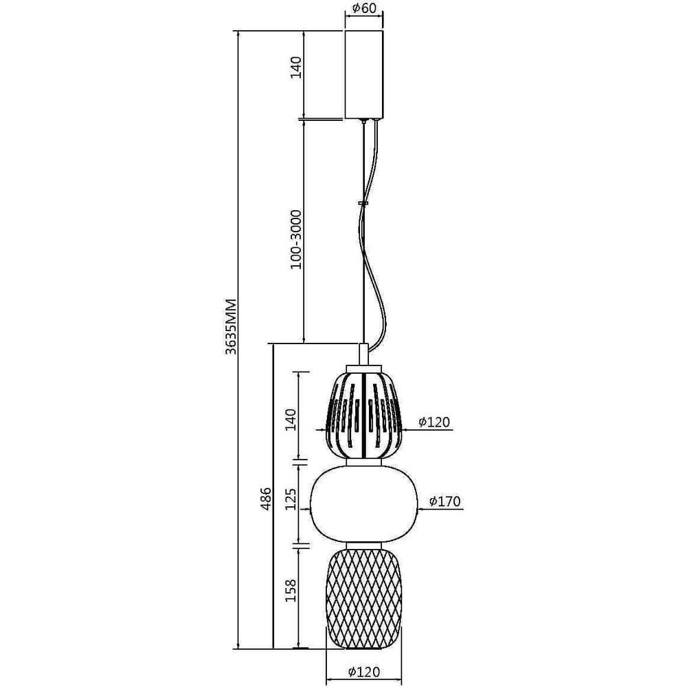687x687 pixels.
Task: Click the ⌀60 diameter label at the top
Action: (x=363, y=8)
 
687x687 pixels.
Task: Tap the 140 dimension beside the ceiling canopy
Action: (x=297, y=67)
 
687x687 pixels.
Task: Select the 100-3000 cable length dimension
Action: (x=297, y=239)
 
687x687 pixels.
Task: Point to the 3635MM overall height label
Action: (x=230, y=327)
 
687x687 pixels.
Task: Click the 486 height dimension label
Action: (x=265, y=499)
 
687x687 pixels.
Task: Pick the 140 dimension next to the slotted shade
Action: (x=291, y=419)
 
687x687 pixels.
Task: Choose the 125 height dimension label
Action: (x=291, y=499)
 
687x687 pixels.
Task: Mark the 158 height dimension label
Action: (x=291, y=590)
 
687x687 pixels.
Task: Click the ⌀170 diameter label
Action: (x=445, y=502)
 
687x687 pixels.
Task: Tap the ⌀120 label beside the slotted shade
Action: (x=434, y=422)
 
